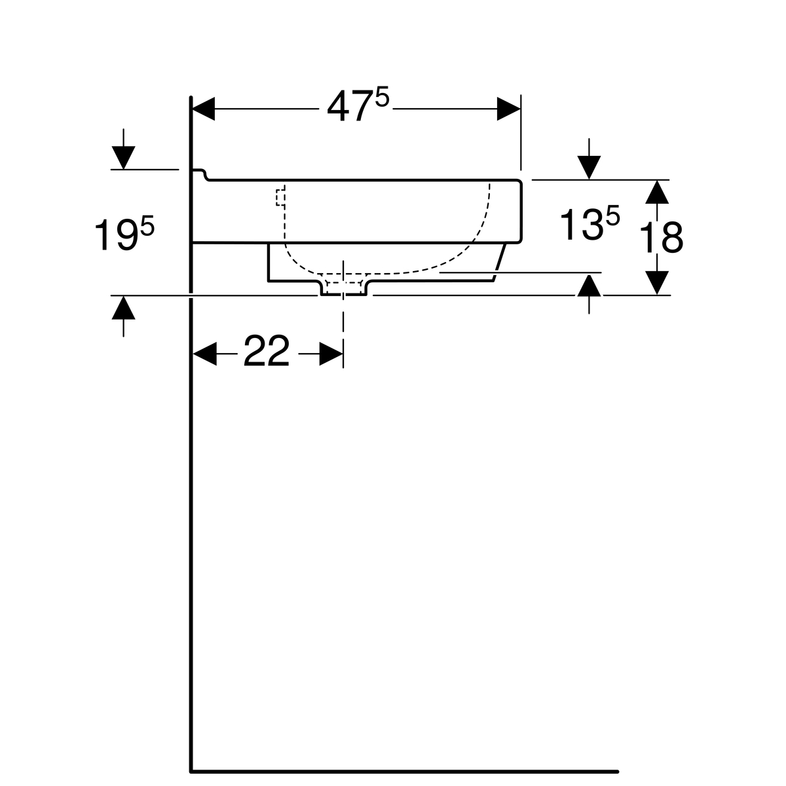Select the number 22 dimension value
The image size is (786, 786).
[x=267, y=350]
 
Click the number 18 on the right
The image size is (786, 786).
[x=660, y=238]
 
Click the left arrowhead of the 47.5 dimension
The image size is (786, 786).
[x=204, y=109]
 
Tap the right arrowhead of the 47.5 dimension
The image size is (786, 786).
[x=509, y=109]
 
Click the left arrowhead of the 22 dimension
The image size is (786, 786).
[x=204, y=354]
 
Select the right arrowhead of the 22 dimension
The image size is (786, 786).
[x=331, y=354]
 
